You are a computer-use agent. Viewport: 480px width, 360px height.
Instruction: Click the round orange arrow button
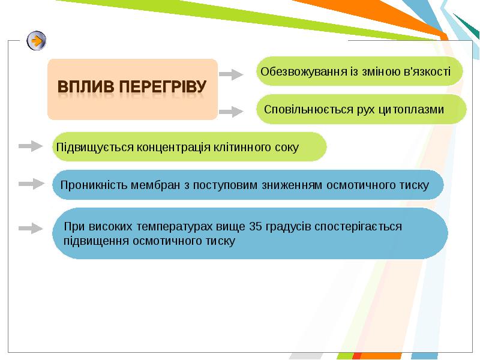click(37, 40)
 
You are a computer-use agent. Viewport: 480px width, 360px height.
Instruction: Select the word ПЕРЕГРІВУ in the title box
click(163, 86)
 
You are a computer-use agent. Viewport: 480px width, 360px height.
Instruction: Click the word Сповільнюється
click(308, 110)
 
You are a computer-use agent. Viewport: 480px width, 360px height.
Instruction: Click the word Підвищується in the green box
click(95, 148)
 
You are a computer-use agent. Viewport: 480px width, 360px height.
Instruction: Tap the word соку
click(287, 148)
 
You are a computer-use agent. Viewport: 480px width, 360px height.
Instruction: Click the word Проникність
click(94, 185)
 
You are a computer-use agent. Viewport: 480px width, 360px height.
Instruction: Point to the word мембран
click(155, 185)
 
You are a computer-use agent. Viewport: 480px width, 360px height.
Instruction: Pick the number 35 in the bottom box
click(256, 227)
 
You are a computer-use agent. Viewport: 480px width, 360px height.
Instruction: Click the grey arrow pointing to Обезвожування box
click(231, 74)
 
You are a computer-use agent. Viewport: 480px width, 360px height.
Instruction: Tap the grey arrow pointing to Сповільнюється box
click(231, 112)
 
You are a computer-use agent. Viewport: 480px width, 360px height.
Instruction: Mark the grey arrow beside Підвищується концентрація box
click(31, 146)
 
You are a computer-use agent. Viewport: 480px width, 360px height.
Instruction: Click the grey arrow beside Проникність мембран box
click(31, 184)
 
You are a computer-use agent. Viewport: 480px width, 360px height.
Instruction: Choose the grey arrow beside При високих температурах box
click(31, 228)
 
